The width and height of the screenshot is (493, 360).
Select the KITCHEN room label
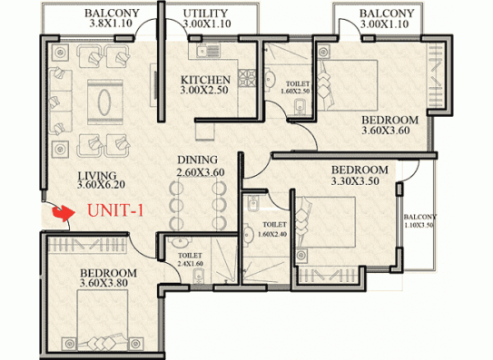coord(205,80)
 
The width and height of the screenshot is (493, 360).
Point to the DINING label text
coord(195,159)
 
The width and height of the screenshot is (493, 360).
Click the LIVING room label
coord(97,175)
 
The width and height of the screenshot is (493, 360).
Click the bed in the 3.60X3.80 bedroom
coord(105,321)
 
